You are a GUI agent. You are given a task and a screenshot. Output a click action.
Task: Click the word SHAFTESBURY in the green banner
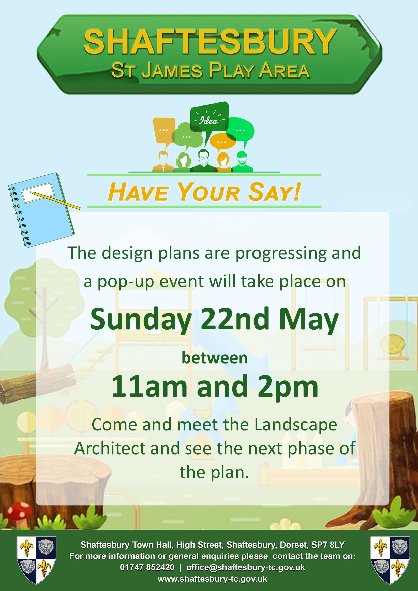(x=210, y=42)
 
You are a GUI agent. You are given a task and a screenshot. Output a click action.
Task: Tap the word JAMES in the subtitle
(x=172, y=71)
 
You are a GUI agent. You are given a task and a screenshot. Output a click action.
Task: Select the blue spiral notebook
(x=41, y=210)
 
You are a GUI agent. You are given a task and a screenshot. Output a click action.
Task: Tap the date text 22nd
(x=235, y=319)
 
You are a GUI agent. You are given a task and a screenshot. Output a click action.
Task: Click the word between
(x=215, y=358)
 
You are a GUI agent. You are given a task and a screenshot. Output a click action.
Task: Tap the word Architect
(x=110, y=448)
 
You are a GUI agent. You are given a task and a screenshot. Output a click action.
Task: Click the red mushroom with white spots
(x=20, y=514)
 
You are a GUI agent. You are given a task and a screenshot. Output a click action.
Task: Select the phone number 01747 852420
(x=147, y=567)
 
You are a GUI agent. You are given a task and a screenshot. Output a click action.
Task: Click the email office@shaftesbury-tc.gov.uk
(x=246, y=567)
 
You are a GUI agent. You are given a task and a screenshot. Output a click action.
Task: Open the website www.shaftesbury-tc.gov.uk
(x=212, y=579)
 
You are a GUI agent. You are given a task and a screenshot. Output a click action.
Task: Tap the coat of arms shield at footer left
(x=36, y=560)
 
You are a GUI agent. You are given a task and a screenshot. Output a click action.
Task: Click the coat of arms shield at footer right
(x=390, y=560)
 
